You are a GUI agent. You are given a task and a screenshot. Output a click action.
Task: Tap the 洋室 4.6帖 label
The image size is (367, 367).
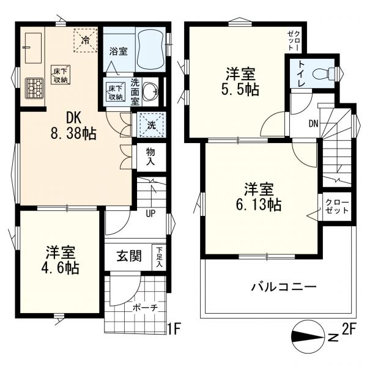click(61, 260)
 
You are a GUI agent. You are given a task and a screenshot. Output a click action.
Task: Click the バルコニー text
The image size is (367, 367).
click(283, 287)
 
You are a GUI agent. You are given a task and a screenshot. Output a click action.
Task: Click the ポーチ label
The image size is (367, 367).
click(146, 308)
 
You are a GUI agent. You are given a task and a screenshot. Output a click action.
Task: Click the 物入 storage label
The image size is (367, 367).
click(149, 157)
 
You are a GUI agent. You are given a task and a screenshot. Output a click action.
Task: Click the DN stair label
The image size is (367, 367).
click(313, 124)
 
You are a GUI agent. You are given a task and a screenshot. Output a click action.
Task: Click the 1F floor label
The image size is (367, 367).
click(174, 331)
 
